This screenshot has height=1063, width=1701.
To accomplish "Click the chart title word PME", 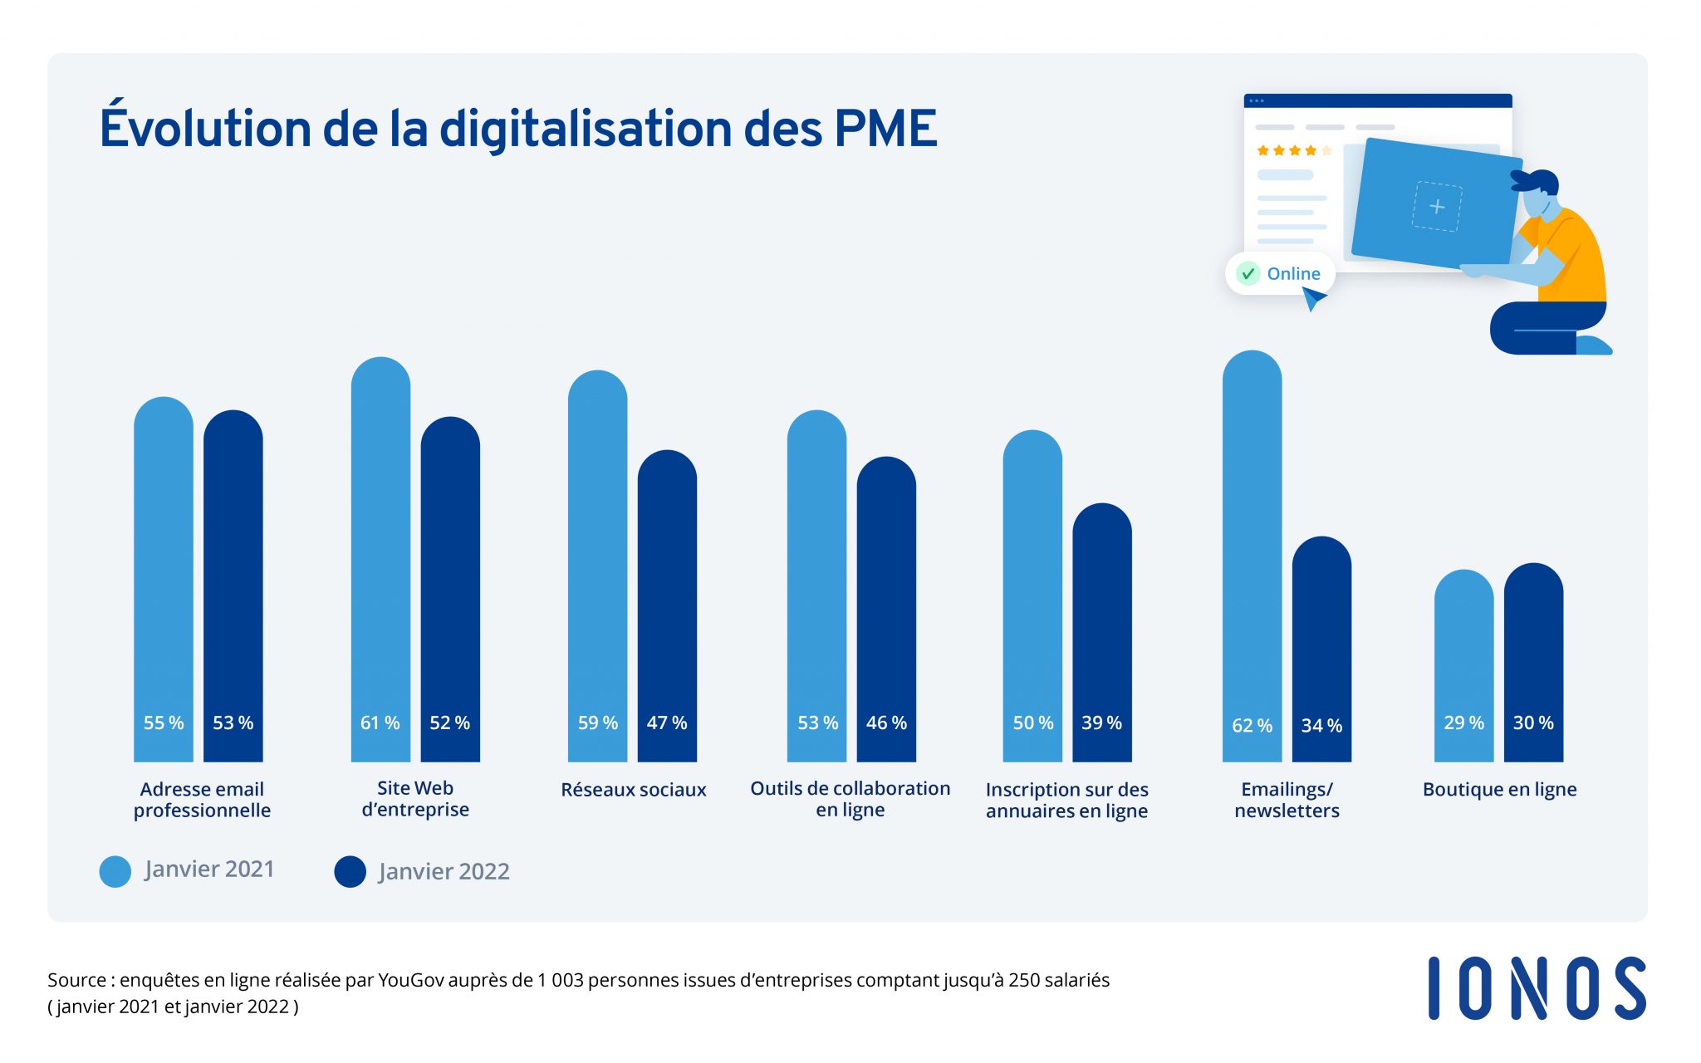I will point(885,129).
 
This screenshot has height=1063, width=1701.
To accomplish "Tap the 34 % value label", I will point(1321,726).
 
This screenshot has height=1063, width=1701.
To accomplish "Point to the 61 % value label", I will point(380,723).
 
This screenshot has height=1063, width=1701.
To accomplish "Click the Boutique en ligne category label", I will point(1499,790).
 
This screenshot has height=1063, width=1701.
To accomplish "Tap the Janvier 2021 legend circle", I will point(115,871).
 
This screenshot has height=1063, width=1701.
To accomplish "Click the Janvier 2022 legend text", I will point(444,871).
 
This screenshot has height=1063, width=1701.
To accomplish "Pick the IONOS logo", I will point(1537,988).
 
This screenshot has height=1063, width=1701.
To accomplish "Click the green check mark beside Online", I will point(1248,274).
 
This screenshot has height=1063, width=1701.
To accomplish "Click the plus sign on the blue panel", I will point(1437,206).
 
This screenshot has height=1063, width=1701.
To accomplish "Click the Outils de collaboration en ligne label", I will point(850,799).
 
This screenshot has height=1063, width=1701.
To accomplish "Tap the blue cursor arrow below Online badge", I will point(1313,298).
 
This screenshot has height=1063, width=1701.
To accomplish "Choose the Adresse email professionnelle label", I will point(202,800).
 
